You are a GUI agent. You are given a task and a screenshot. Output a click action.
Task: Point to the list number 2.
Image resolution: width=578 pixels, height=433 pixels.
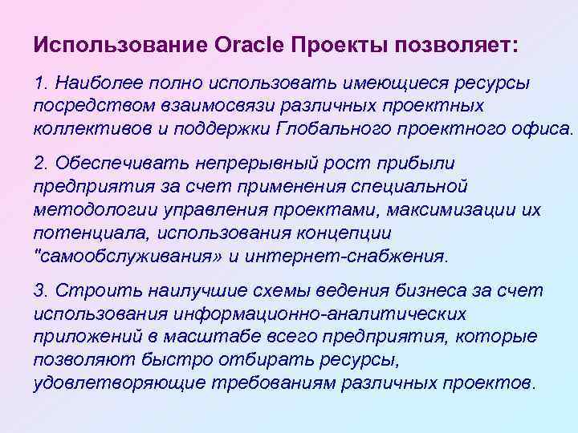40,164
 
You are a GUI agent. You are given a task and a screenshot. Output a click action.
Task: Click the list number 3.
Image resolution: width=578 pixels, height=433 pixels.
40,289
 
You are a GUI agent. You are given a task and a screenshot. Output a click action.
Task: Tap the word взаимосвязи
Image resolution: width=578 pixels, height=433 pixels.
226,107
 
